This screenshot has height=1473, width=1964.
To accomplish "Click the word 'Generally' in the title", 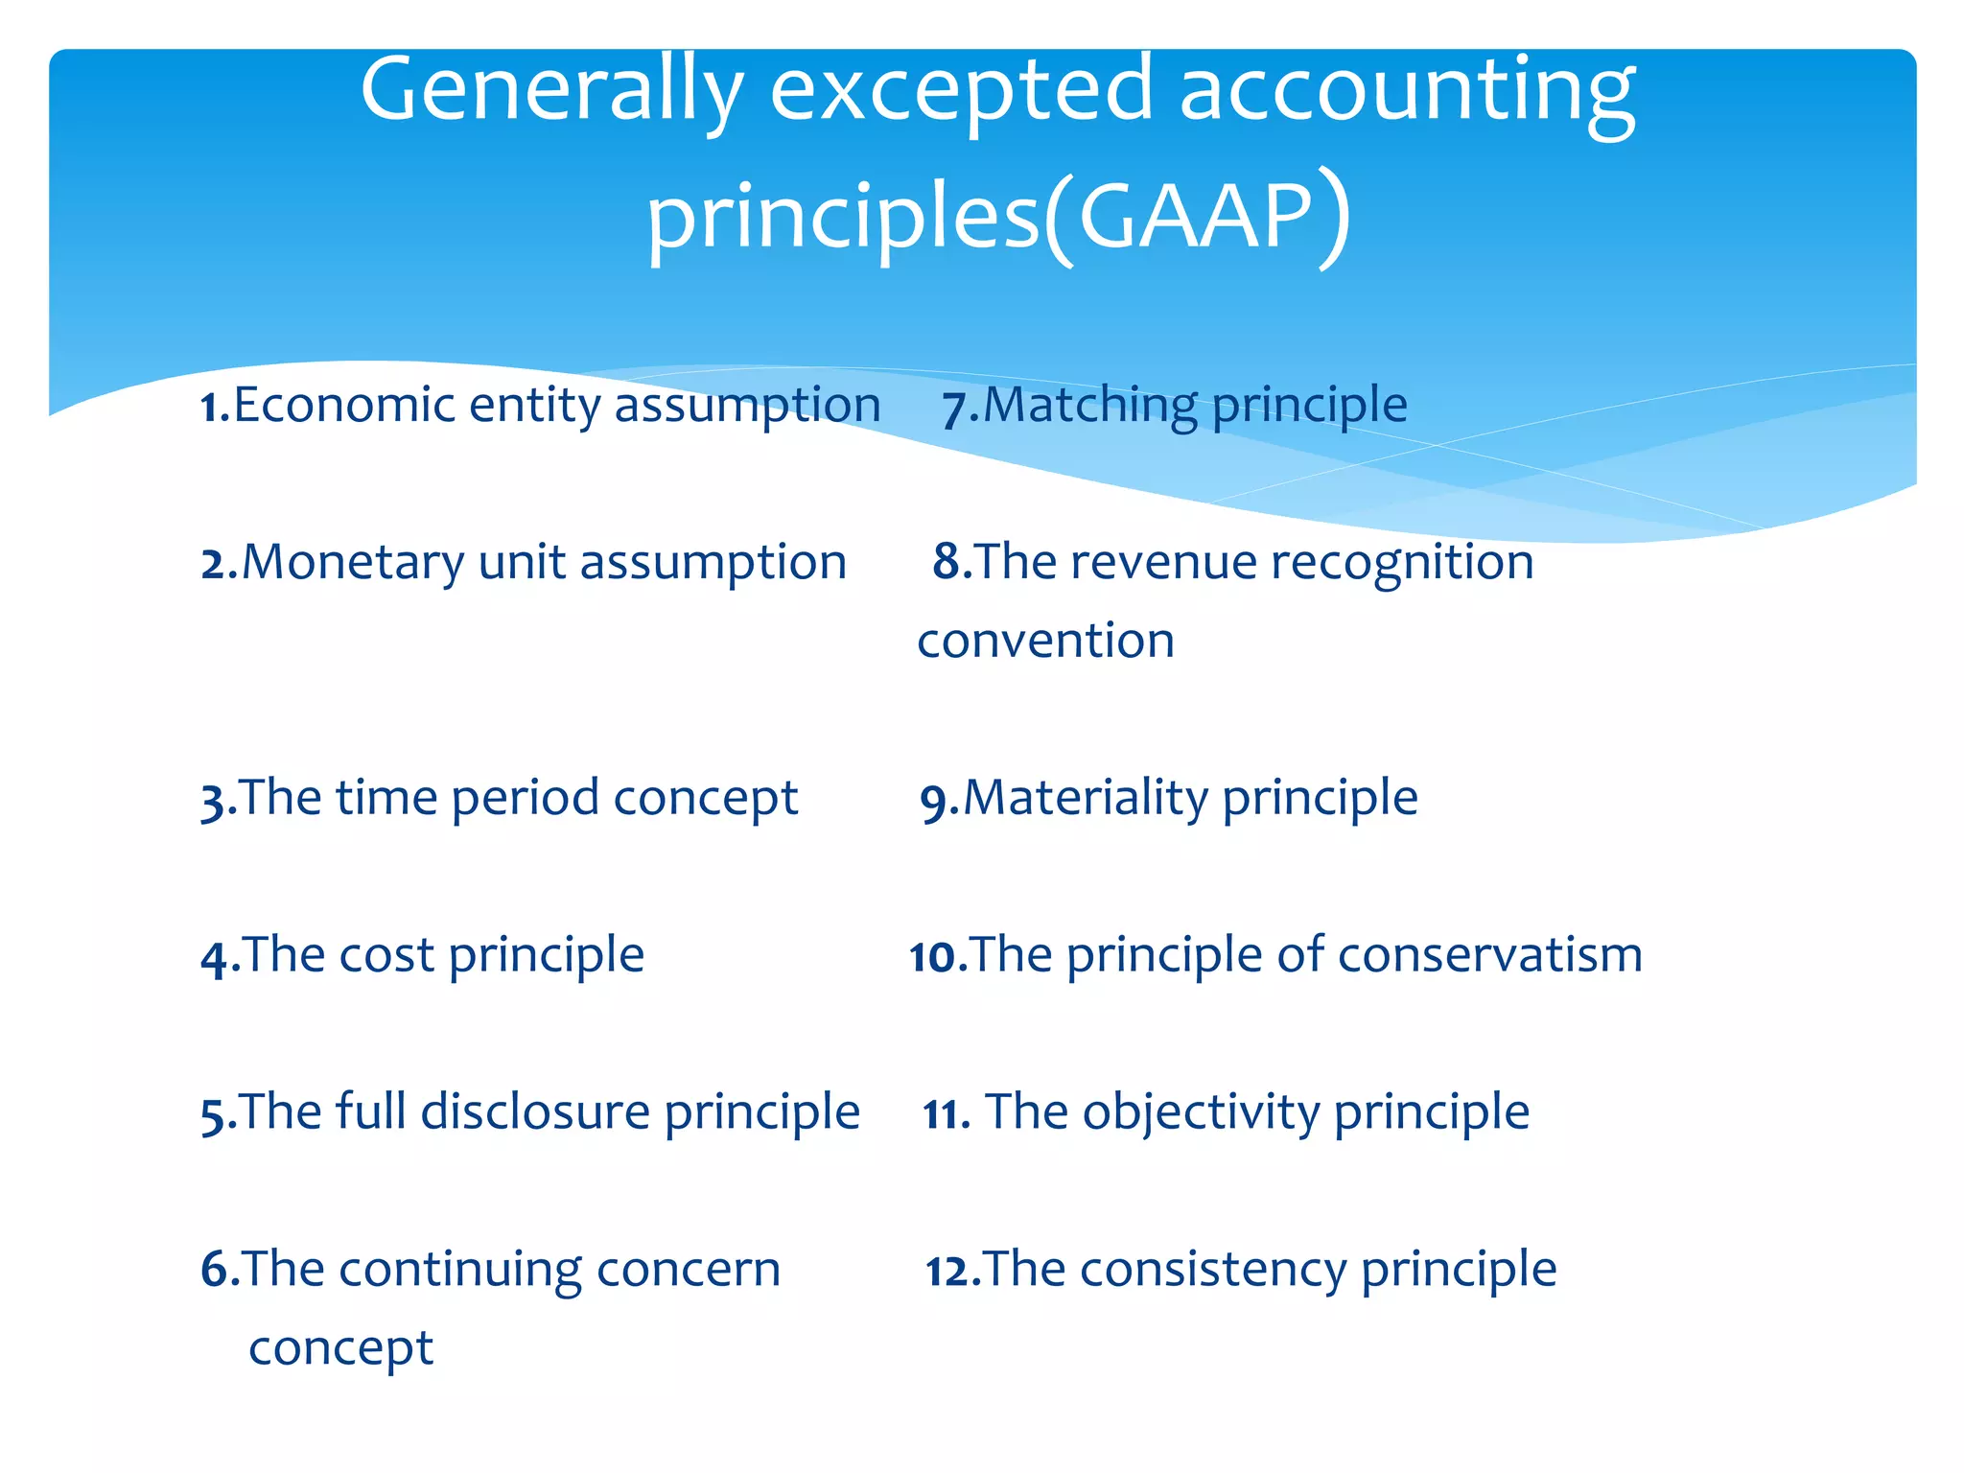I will (551, 92).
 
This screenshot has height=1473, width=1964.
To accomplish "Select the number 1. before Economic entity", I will (215, 407).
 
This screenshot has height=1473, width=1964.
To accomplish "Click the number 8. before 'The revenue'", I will (951, 562).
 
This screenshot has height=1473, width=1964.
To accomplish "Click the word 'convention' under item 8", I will (1045, 641).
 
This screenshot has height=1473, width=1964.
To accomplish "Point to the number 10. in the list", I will (938, 957).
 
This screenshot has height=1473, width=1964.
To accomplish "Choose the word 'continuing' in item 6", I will (459, 1270).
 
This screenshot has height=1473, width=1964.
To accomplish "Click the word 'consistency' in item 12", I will (1214, 1270).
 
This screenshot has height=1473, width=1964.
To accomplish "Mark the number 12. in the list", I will (952, 1272).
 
